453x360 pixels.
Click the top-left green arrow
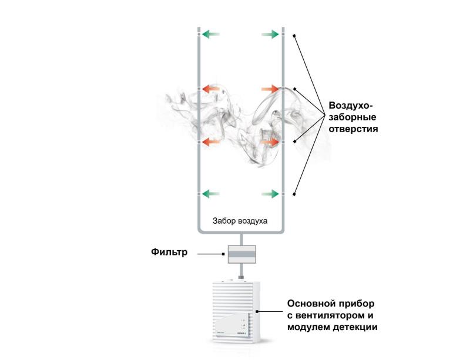pos(211,35)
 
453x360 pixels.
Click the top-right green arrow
pos(270,35)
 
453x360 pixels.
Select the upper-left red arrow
pos(211,89)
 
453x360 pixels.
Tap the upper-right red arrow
pos(270,89)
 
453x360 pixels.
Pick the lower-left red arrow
pos(211,142)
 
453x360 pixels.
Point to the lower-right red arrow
pos(270,142)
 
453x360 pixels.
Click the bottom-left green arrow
pos(211,193)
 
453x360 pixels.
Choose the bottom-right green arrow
pos(270,193)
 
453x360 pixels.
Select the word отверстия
pos(353,128)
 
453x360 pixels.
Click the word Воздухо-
pos(351,105)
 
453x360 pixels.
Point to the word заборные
pos(353,116)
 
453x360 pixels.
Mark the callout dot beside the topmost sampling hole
pos(294,35)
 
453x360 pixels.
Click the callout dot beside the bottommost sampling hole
pos(294,194)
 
